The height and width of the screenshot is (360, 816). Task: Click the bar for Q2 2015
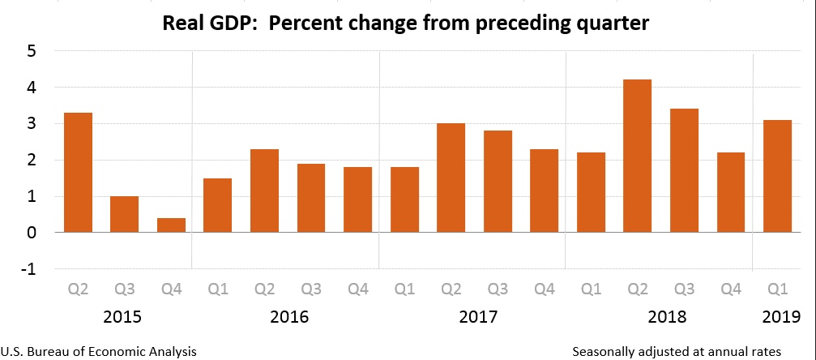tap(78, 173)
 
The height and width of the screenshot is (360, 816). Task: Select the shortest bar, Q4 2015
tap(171, 225)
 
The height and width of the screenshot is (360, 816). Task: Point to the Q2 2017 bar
tap(451, 178)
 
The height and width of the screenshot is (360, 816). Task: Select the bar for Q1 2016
tap(217, 205)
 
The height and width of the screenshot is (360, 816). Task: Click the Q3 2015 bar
tap(124, 214)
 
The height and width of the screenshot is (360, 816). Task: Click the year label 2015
tap(124, 316)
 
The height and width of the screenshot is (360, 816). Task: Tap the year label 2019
tap(780, 316)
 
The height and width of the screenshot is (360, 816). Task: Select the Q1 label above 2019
tap(780, 288)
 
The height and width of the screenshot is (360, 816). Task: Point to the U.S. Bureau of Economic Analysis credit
tap(98, 351)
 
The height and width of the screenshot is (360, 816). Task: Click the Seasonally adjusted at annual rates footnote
tap(676, 351)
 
